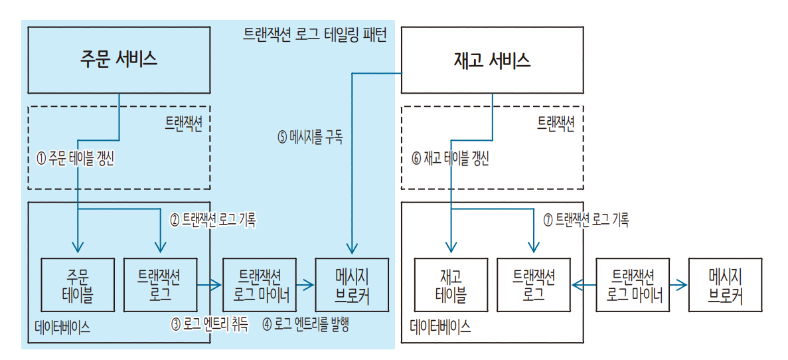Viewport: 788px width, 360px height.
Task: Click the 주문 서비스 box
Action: coord(119,59)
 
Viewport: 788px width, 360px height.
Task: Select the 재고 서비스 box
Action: coord(492,60)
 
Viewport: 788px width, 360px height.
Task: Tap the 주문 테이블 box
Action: coord(78,285)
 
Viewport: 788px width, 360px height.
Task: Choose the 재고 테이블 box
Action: coord(451,285)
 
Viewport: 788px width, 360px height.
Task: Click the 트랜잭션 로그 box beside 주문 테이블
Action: coord(161,285)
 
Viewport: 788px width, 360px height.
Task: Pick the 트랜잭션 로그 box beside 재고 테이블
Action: coord(534,285)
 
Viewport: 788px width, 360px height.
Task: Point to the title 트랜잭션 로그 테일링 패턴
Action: coord(315,35)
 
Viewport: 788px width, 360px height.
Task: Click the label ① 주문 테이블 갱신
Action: coord(75,159)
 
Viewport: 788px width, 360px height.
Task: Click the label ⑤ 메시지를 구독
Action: coord(310,138)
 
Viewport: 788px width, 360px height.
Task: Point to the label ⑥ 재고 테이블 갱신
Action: coord(450,159)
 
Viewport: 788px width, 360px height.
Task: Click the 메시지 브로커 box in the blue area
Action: coord(351,285)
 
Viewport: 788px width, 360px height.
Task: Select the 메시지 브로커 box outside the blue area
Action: coord(725,285)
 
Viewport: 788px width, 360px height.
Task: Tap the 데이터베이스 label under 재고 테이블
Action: coord(440,326)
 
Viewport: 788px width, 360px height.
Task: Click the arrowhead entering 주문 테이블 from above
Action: coord(78,249)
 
